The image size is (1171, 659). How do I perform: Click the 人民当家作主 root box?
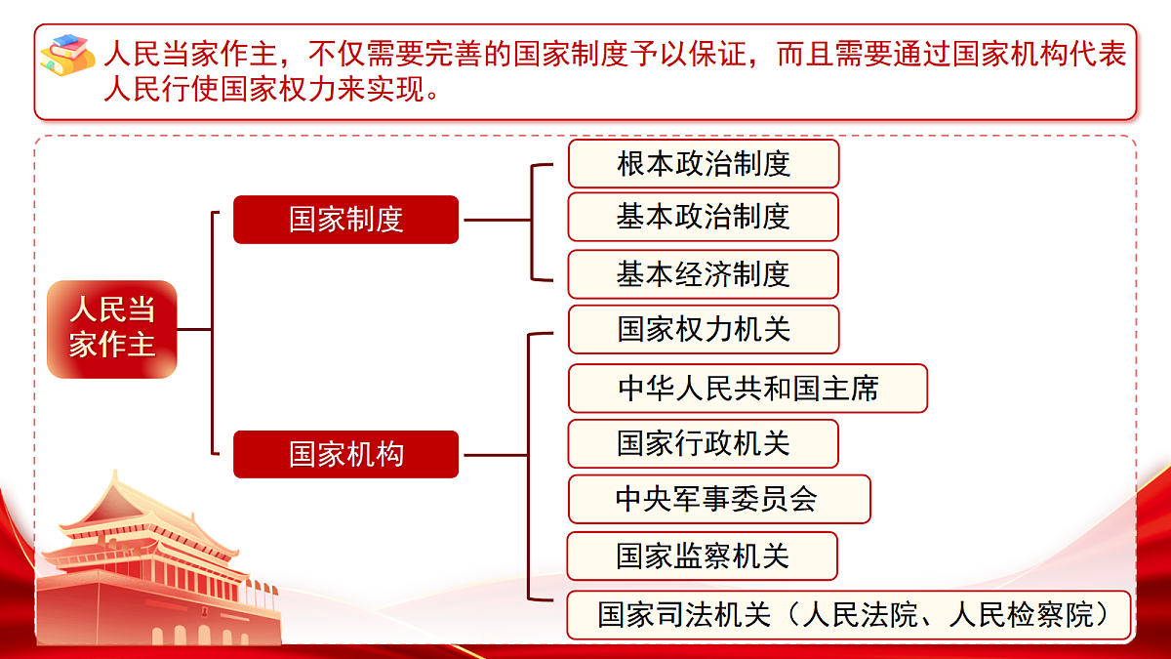[x=112, y=329]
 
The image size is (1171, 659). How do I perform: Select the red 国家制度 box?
[x=345, y=220]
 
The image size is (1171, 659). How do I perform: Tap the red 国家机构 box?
[x=345, y=454]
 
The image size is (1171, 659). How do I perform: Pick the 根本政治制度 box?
[x=703, y=164]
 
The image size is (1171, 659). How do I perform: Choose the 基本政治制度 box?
[x=703, y=217]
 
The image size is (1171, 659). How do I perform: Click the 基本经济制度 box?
[x=703, y=274]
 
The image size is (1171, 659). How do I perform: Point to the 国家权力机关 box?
[x=703, y=329]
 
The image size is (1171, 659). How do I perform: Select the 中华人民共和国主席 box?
[x=747, y=389]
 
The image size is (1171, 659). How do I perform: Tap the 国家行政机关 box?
[x=703, y=444]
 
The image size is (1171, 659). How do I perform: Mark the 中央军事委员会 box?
[x=718, y=500]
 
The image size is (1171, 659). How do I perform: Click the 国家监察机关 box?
[x=702, y=556]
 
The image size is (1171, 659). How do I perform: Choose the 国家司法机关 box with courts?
[x=848, y=615]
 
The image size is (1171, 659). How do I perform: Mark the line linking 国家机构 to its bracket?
[x=493, y=455]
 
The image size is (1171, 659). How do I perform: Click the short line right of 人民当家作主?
[x=194, y=330]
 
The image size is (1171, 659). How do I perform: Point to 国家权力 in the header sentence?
[x=273, y=91]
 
